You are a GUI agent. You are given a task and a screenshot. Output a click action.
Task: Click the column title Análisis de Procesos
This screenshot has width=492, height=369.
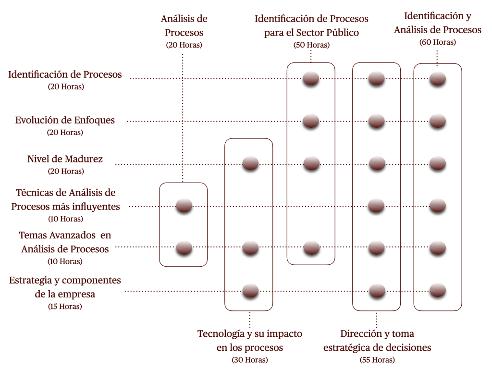(x=184, y=26)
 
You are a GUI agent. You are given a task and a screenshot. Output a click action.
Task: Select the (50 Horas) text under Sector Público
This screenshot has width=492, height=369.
(x=311, y=45)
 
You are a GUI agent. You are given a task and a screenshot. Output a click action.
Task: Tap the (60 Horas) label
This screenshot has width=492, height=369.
(x=437, y=42)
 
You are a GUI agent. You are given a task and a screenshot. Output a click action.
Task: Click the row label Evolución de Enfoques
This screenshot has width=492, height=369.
(x=65, y=120)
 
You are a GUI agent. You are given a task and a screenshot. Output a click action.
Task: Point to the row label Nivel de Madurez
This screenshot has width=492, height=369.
(x=65, y=159)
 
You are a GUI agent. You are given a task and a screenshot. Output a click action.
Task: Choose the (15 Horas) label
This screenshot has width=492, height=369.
(x=65, y=306)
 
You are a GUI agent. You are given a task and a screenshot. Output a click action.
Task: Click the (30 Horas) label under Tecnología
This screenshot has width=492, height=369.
(x=250, y=359)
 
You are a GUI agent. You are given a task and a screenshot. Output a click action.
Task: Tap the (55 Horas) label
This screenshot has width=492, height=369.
(x=377, y=359)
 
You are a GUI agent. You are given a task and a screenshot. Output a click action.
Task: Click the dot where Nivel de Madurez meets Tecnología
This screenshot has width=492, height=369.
(x=250, y=163)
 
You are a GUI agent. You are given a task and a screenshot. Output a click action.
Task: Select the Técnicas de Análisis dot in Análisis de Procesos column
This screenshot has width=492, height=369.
(x=184, y=206)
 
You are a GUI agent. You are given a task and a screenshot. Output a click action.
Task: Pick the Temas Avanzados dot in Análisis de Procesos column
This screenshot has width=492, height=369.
(x=184, y=248)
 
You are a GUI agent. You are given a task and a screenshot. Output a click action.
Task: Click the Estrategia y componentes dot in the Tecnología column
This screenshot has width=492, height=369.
(x=250, y=290)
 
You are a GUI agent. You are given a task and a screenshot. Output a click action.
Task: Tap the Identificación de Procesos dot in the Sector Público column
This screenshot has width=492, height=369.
(x=311, y=78)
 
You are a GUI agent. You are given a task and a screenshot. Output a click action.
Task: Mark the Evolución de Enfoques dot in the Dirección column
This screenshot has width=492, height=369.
(x=377, y=121)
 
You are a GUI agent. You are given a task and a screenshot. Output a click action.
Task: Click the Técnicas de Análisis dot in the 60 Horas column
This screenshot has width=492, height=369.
(x=438, y=206)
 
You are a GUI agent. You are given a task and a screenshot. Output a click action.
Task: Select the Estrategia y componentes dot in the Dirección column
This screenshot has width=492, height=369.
(x=377, y=290)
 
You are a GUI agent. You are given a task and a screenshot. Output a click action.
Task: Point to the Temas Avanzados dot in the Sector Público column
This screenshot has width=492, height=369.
(x=311, y=248)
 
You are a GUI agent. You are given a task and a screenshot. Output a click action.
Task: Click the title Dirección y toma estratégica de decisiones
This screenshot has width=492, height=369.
(x=377, y=341)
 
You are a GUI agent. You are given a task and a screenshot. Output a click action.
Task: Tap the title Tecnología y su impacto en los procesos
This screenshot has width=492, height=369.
(x=250, y=341)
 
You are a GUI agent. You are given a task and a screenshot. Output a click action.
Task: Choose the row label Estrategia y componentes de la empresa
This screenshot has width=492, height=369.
(x=65, y=287)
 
